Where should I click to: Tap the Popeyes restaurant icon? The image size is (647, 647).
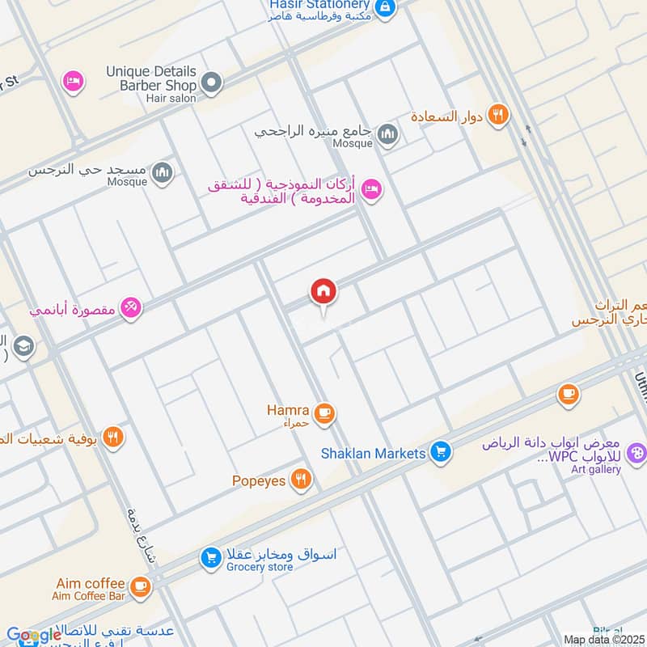(x=302, y=480)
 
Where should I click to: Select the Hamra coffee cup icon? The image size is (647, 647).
(x=324, y=413)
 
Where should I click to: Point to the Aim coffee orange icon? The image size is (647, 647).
(x=140, y=585)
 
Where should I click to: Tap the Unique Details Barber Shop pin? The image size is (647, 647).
(x=211, y=82)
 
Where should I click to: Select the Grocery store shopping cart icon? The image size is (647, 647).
(x=211, y=557)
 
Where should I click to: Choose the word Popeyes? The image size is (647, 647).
(x=259, y=480)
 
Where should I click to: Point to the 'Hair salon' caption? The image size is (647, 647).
(x=171, y=98)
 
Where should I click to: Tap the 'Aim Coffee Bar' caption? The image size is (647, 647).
(x=91, y=597)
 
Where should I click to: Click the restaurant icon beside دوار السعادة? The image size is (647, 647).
(x=499, y=116)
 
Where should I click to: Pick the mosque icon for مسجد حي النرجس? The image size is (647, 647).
(x=163, y=172)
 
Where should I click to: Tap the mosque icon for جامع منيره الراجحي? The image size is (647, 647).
(x=387, y=133)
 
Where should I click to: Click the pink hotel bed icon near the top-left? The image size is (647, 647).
(x=73, y=82)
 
